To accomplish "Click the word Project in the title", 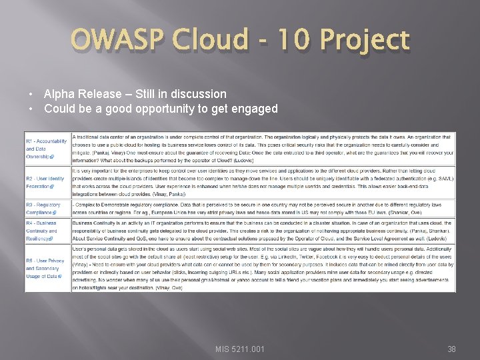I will click(364, 41).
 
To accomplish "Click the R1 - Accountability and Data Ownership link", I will click(46, 149).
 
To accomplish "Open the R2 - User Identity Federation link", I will click(45, 182).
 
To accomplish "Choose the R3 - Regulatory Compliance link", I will click(43, 209).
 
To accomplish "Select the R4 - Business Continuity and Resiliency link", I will click(42, 231).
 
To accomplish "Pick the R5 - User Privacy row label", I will click(45, 268).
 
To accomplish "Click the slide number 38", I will click(451, 349).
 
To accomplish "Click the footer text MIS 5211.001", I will click(239, 349).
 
